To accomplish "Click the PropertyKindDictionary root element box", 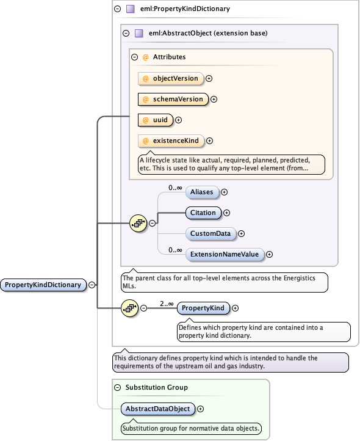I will (43, 285).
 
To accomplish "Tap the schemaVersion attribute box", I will (173, 99).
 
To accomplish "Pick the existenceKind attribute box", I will (170, 140).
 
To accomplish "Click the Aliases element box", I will (201, 192).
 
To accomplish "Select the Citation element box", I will (203, 213).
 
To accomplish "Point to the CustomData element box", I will (210, 233).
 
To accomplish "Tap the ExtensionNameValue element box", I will (224, 254).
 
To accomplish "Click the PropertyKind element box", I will (204, 308).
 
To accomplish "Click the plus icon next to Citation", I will (226, 213).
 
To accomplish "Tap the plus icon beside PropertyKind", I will (236, 308).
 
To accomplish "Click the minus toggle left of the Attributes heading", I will (135, 57).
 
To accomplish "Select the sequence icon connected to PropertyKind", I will (129, 308).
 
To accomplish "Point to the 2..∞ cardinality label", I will (167, 303).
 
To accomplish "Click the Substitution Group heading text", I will (156, 387).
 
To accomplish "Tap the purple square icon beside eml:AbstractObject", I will (139, 34).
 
